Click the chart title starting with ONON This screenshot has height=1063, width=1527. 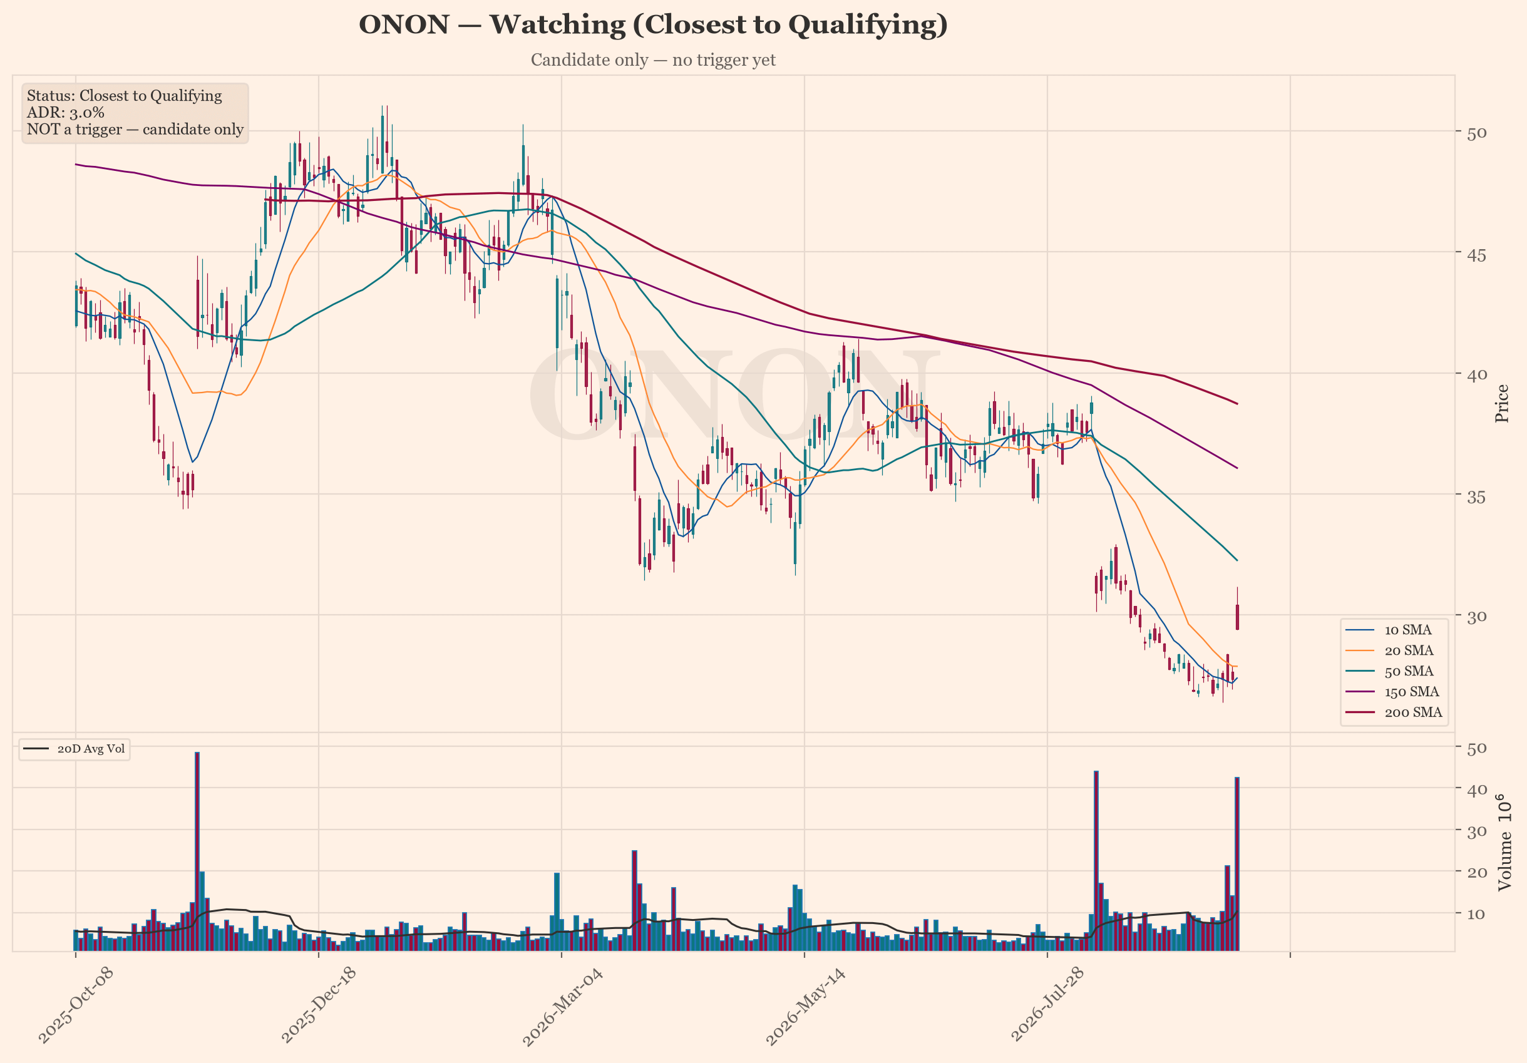click(x=653, y=25)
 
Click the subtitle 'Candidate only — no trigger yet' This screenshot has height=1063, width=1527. click(x=653, y=60)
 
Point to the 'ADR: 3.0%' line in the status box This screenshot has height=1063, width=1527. click(x=65, y=113)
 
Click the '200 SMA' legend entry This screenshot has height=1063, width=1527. click(x=1393, y=712)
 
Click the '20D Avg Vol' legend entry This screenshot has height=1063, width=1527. click(x=74, y=749)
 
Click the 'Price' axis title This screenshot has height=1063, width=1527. click(x=1502, y=403)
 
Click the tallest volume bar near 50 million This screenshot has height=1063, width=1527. click(x=197, y=851)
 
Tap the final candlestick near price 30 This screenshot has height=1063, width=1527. click(x=1237, y=617)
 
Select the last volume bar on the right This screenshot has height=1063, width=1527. click(x=1237, y=864)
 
